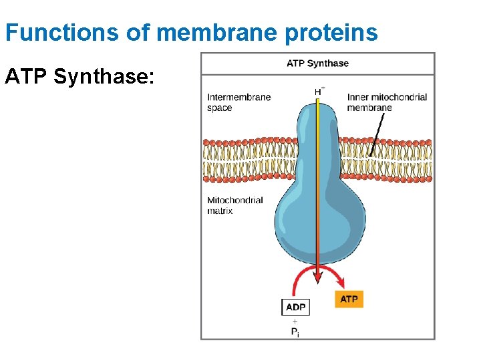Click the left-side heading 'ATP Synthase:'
pos(79,77)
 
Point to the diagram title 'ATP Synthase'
pos(317,64)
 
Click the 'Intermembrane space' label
pos(238,102)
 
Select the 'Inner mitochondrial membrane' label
pos(387,102)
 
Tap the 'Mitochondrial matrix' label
pos(235,205)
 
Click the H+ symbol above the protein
pos(320,91)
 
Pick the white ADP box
pos(295,308)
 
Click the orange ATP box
pos(349,299)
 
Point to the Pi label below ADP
pos(295,332)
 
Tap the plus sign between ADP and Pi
pos(295,321)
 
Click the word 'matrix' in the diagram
pos(220,211)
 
